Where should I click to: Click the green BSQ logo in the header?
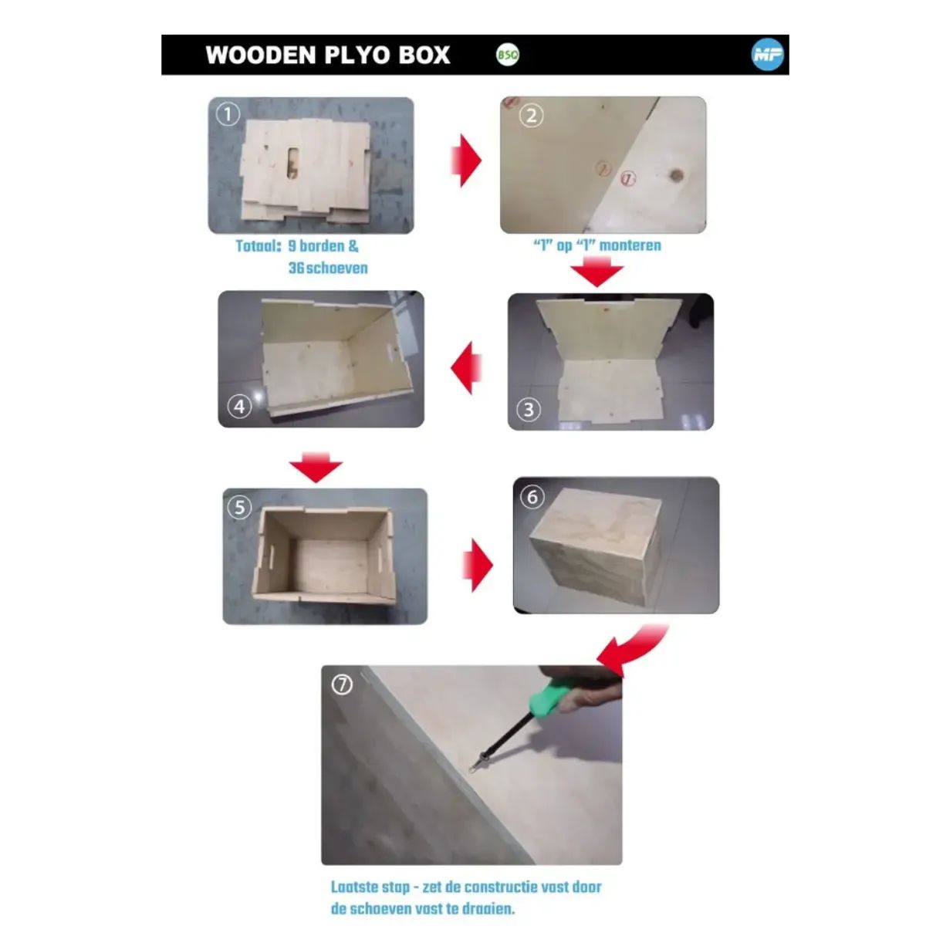tap(508, 56)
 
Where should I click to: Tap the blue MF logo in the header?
tap(767, 55)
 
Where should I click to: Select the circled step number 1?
tap(228, 115)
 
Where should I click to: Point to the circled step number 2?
tap(531, 116)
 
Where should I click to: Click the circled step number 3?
tap(529, 410)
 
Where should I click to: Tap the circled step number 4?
tap(239, 407)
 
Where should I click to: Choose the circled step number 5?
tap(239, 508)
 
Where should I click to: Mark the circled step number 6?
tap(532, 497)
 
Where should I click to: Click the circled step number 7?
tap(343, 684)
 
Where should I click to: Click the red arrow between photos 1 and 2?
tap(465, 161)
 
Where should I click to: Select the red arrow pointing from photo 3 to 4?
tap(466, 368)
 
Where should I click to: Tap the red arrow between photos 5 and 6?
tap(477, 565)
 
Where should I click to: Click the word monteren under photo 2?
tap(630, 245)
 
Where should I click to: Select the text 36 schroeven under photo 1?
tap(328, 268)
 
